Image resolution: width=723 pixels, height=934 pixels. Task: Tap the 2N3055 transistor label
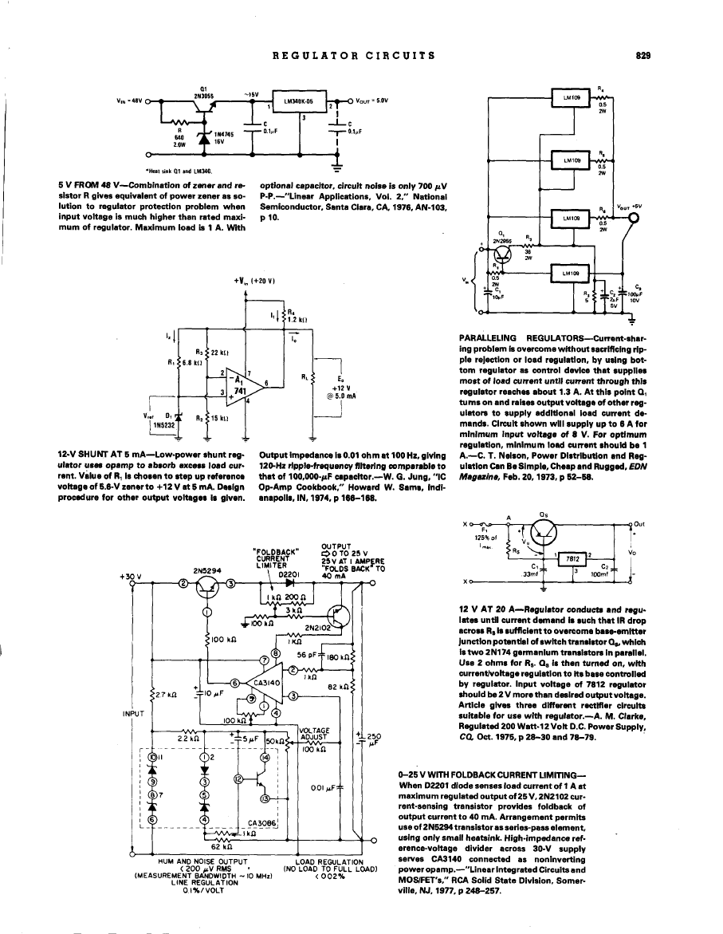pos(202,96)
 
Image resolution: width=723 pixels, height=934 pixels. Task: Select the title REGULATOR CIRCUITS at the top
pos(354,56)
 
